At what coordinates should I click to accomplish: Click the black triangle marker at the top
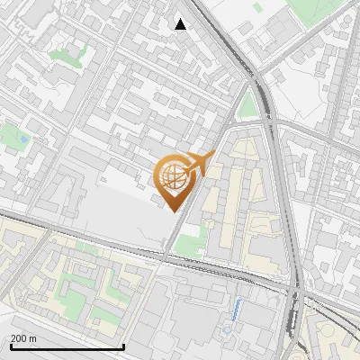[x=181, y=24]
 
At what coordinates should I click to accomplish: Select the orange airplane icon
[x=201, y=164]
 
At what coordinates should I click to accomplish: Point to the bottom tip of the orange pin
[x=173, y=210]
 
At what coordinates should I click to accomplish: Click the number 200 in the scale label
[x=19, y=338]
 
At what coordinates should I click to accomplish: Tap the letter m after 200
[x=33, y=338]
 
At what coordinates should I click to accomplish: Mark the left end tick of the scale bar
[x=11, y=346]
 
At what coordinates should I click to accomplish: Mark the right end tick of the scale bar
[x=123, y=346]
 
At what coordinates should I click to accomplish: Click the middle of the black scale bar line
[x=67, y=347]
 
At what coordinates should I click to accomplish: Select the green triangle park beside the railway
[x=248, y=105]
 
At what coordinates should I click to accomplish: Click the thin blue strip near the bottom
[x=237, y=310]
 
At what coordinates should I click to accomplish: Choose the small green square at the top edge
[x=257, y=6]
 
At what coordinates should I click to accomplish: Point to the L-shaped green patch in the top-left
[x=65, y=56]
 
